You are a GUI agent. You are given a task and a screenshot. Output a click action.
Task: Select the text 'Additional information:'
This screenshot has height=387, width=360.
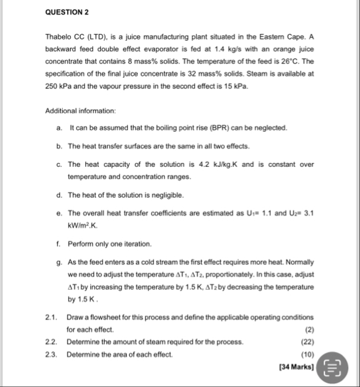(80, 110)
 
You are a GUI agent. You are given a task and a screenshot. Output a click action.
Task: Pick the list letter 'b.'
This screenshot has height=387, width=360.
(59, 146)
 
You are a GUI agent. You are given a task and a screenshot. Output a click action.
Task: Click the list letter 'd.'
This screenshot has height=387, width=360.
(59, 195)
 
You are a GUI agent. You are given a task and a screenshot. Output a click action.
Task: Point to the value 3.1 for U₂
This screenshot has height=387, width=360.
(308, 213)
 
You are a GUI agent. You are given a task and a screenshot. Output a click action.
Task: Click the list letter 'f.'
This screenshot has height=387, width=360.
(58, 243)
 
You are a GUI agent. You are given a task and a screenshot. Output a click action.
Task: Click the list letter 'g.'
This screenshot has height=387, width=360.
(59, 262)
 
